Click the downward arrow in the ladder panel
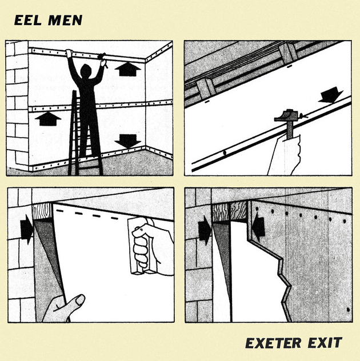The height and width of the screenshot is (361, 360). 127,141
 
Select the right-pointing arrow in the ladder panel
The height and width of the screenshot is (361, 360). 47,119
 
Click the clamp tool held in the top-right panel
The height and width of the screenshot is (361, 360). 290,123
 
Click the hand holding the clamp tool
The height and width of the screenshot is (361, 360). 285,154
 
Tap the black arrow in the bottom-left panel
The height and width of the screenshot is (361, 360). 26,229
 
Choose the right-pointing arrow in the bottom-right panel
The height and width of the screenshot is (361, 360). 204,232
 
